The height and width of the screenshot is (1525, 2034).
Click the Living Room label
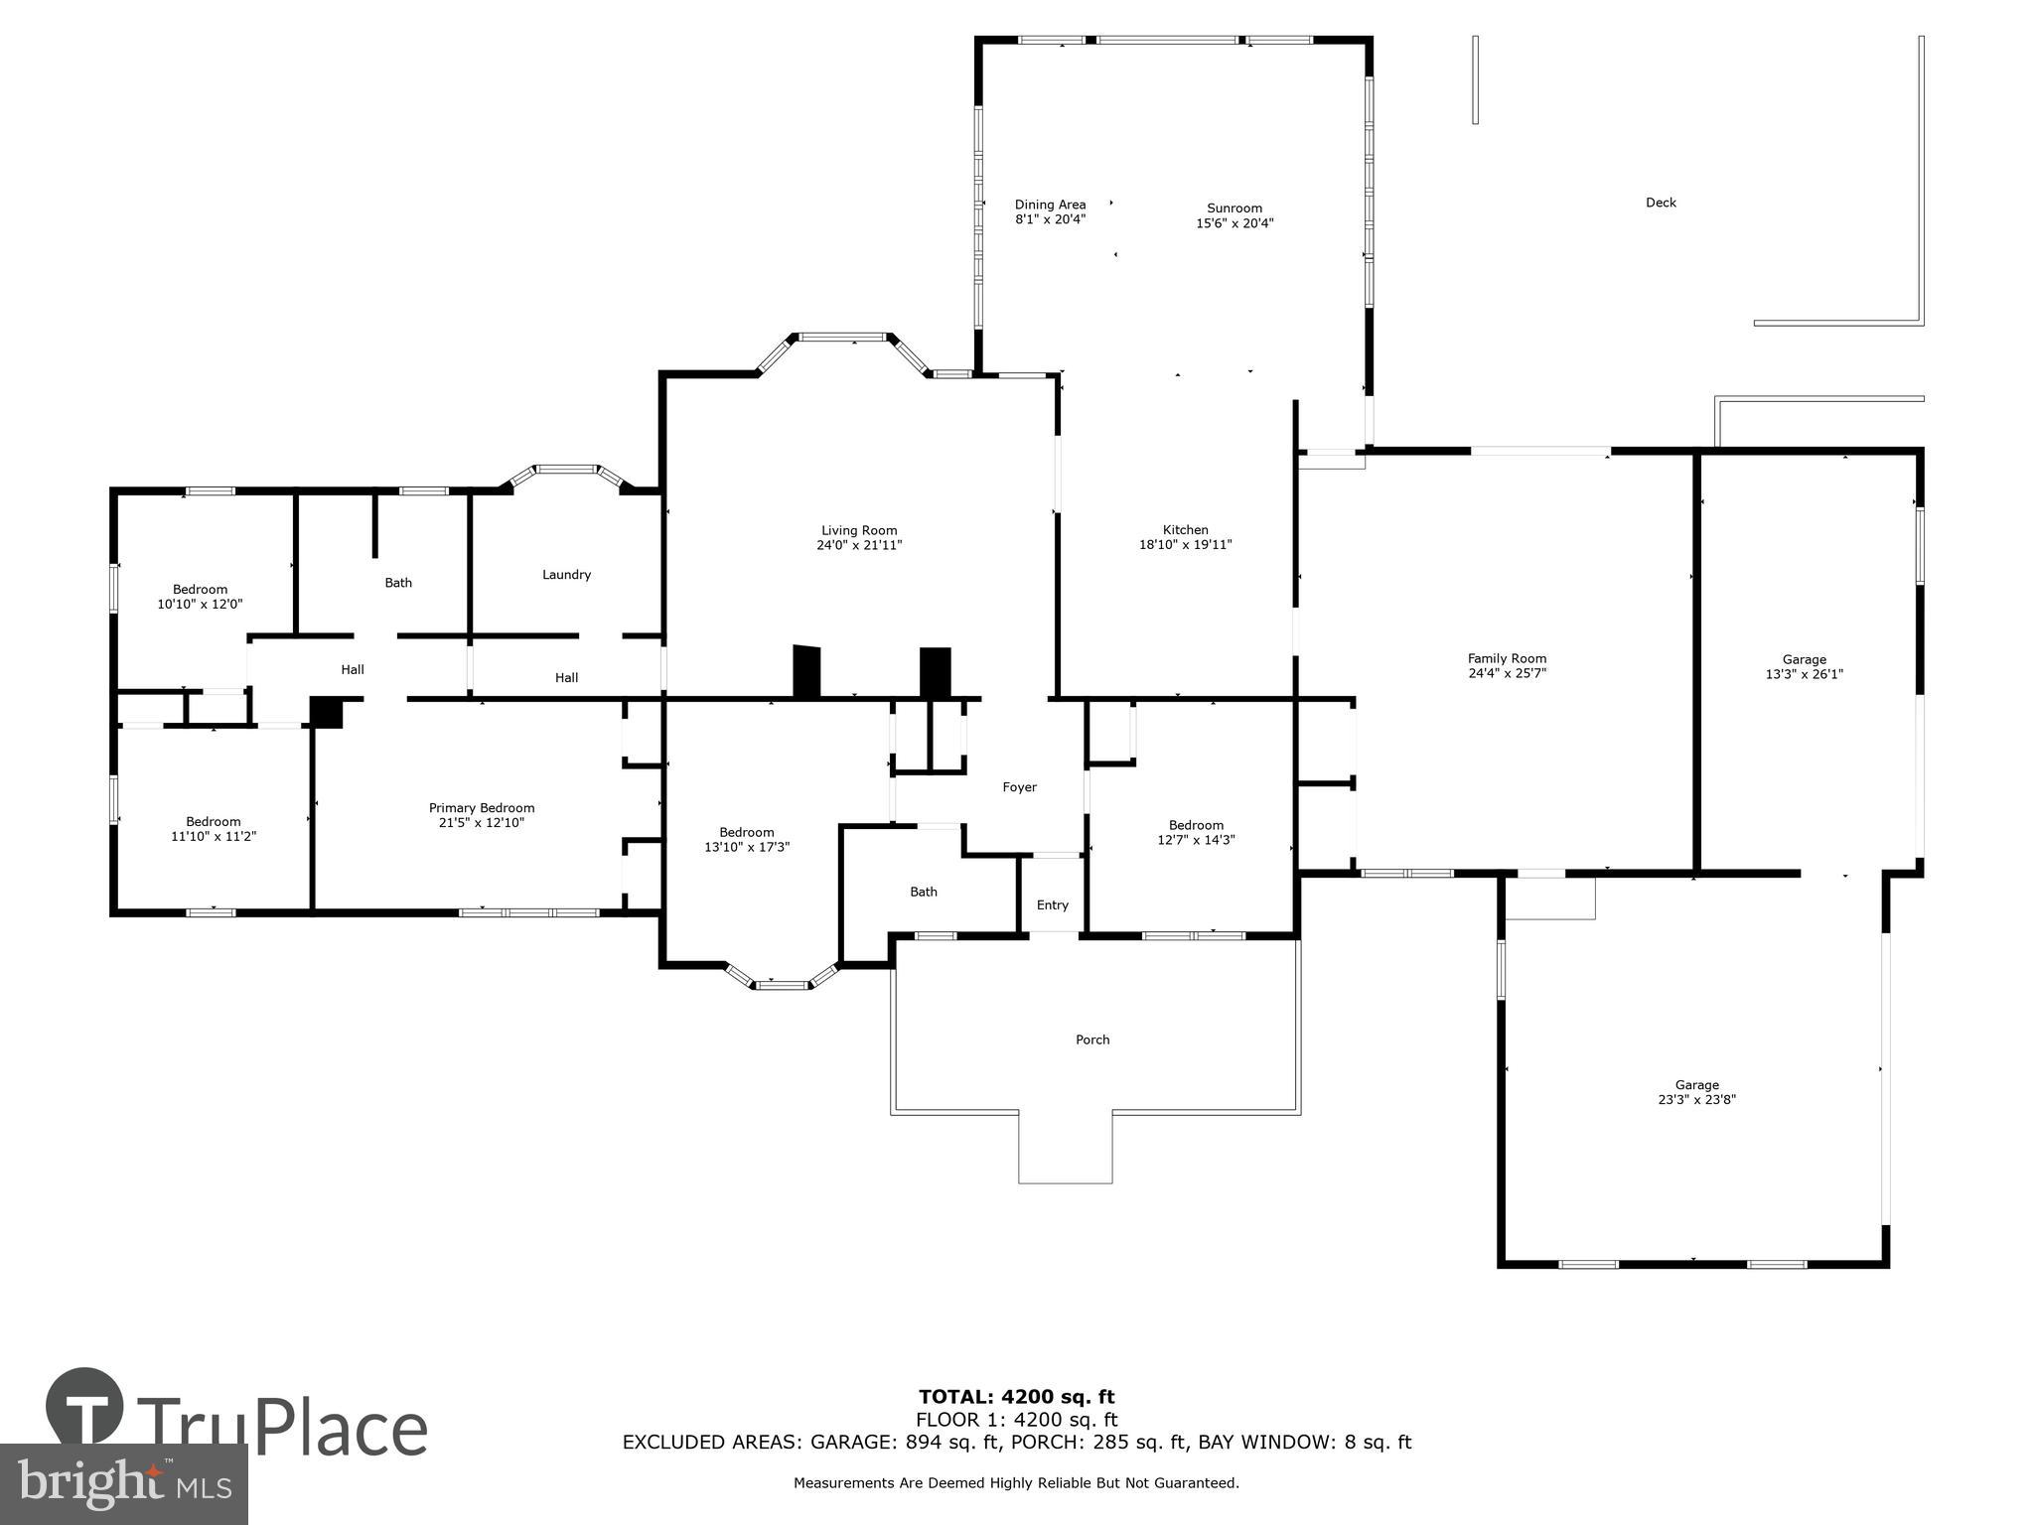point(858,530)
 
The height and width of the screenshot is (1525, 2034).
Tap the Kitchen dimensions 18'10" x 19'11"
point(1185,545)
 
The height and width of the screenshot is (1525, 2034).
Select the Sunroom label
point(1235,208)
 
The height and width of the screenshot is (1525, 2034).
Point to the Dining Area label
point(1050,205)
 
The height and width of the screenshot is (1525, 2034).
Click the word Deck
point(1661,203)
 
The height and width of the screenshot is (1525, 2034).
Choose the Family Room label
point(1507,658)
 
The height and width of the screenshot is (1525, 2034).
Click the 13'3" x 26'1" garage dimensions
point(1804,674)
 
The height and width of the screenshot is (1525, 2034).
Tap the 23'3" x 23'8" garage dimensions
point(1696,1100)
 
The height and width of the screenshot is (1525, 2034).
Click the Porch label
point(1092,1040)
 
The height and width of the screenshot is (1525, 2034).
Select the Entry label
point(1052,904)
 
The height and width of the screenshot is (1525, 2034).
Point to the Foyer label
point(1019,787)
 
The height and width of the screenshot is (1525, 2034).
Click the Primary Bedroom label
point(482,808)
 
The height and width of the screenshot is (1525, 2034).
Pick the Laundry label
point(566,574)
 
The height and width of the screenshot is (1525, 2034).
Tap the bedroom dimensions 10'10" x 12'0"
point(200,604)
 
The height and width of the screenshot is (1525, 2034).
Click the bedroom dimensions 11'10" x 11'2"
point(214,836)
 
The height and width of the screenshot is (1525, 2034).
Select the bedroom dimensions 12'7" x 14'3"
point(1196,840)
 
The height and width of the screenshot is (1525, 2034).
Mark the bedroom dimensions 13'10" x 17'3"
point(747,847)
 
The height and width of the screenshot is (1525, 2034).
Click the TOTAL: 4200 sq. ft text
point(1016,1397)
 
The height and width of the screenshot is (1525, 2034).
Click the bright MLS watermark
point(124,1483)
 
